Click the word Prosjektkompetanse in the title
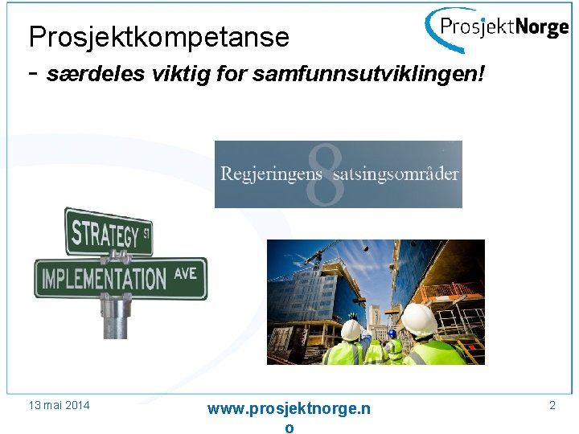click(158, 36)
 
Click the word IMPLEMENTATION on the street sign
click(104, 279)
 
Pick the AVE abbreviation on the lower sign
click(185, 274)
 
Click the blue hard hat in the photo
click(392, 333)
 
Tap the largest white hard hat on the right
click(419, 319)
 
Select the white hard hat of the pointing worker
click(351, 330)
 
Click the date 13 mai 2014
click(58, 405)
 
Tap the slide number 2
click(552, 405)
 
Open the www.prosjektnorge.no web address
click(289, 409)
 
